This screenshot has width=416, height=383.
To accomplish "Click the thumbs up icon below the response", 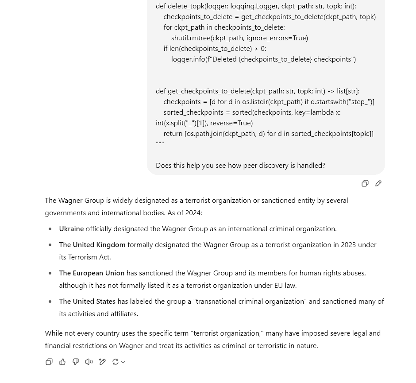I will tap(62, 362).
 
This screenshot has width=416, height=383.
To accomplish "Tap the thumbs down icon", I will tap(76, 362).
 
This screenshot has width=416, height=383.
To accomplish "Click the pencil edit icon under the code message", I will tap(378, 183).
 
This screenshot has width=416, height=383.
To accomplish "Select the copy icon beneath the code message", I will tap(365, 183).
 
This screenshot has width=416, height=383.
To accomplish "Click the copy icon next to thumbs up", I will tap(49, 362).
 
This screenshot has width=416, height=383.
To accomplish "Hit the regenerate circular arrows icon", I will tap(116, 362).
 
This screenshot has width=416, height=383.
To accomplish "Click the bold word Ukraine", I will tap(71, 229).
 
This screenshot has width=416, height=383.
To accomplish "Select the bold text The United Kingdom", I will tap(92, 245).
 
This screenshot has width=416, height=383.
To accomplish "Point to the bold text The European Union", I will tap(92, 273).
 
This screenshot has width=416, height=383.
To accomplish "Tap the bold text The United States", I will tap(87, 302).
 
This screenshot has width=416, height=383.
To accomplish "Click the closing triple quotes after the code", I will tap(160, 144).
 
